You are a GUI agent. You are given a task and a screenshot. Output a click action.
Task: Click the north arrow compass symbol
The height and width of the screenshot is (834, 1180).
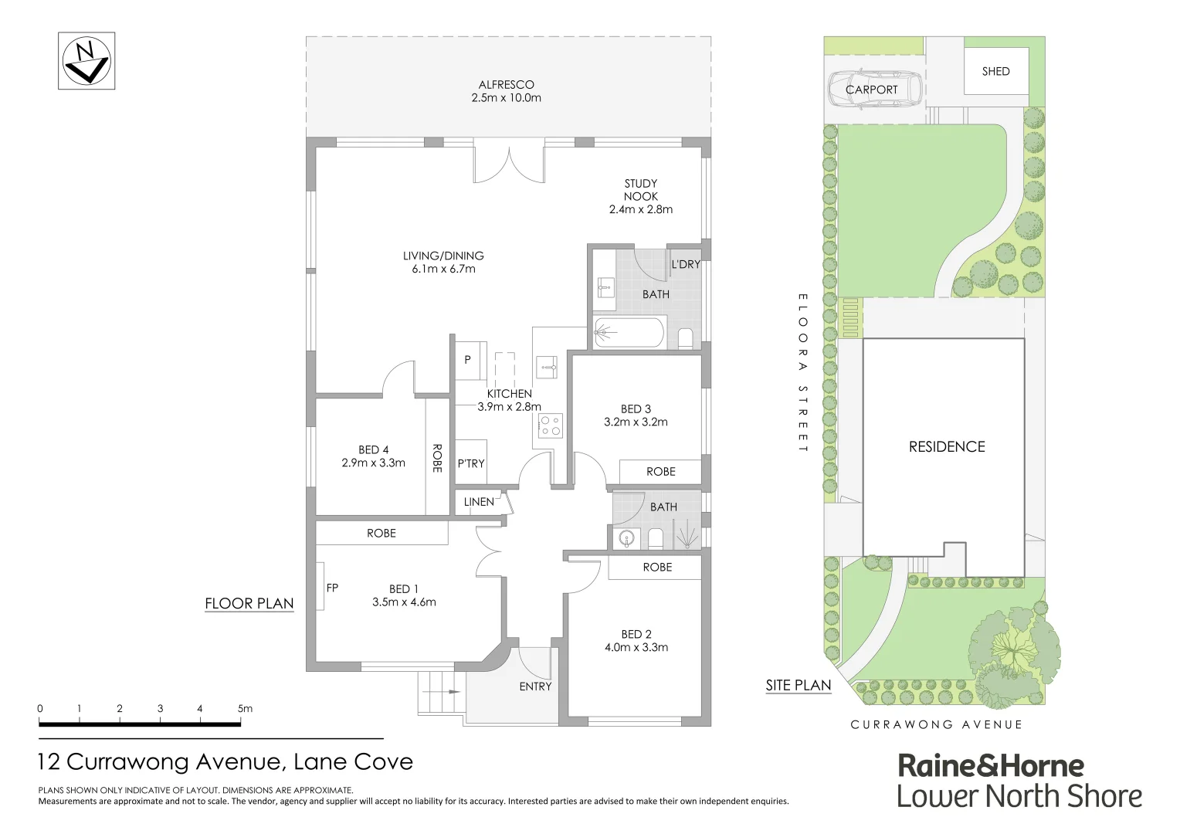[x=86, y=61]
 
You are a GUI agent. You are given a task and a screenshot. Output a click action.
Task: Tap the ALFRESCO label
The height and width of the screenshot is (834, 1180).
[x=506, y=85]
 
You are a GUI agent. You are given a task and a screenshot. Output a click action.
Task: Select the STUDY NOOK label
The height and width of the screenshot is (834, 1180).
[x=640, y=190]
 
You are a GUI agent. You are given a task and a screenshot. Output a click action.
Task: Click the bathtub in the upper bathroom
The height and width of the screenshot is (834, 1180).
[x=629, y=334]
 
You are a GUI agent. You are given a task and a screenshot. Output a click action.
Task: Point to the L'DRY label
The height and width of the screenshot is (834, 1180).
[x=685, y=264]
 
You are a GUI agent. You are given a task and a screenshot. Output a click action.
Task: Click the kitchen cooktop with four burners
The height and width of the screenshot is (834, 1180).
[x=550, y=425]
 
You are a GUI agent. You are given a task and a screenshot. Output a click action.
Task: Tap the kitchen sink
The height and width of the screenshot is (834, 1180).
[x=547, y=365]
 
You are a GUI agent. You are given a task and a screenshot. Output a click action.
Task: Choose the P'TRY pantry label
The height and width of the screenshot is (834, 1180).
[x=470, y=463]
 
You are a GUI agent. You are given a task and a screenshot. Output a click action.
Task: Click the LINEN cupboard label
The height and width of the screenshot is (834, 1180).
[x=479, y=502]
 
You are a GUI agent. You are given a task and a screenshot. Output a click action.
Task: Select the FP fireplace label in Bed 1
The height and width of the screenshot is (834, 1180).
[x=332, y=588]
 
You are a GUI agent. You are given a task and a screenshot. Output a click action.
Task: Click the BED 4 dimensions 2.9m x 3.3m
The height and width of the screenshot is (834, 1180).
[x=373, y=463]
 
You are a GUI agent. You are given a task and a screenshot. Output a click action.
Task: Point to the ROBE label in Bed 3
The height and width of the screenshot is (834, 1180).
[x=660, y=472]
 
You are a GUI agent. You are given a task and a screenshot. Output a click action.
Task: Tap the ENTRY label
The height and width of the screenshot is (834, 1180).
[x=535, y=687]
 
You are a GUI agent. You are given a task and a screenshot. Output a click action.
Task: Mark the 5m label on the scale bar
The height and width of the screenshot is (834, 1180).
[x=245, y=708]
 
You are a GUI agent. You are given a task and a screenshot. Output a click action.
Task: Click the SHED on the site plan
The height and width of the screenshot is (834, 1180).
[x=995, y=71]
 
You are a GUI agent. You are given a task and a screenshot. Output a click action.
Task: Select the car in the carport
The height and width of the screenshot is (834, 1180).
[x=875, y=90]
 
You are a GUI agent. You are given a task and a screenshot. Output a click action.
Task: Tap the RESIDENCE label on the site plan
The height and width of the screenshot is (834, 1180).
[x=947, y=446]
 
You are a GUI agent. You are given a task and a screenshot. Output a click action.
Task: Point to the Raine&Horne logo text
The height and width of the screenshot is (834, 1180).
[x=991, y=765]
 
